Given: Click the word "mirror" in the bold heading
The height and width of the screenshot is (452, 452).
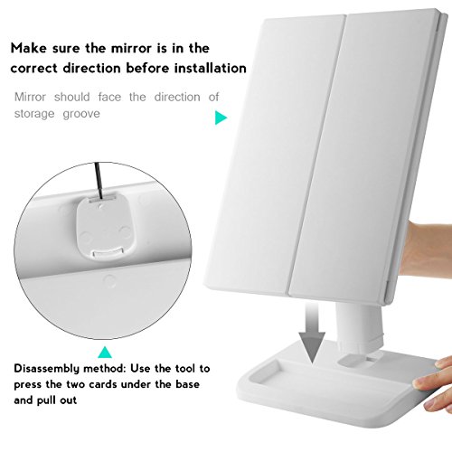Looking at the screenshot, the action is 130,48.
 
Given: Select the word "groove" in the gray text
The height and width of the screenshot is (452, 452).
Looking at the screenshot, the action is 81,114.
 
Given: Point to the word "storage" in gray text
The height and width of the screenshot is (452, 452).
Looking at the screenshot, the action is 34,114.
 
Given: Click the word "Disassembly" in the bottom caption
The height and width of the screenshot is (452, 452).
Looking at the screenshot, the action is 47,369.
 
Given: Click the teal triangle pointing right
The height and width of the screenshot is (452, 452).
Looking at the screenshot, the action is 221,118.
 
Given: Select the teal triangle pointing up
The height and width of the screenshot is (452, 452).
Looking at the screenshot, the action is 105,352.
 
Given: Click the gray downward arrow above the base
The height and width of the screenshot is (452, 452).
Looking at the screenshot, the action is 312,332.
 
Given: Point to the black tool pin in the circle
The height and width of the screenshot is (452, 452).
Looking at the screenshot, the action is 99,181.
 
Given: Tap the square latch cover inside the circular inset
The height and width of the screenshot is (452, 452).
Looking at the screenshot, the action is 103,226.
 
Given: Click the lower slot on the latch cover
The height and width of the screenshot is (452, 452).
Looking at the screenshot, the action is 108,251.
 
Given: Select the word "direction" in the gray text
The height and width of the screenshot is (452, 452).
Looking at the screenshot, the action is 177,97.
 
